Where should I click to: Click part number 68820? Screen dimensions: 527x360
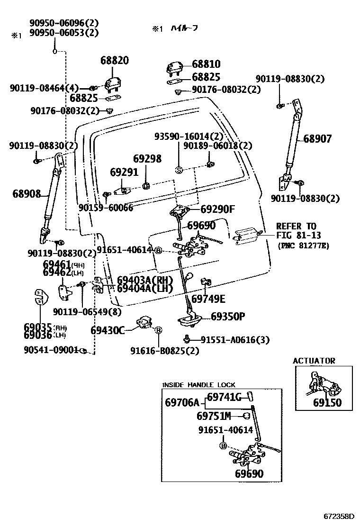114,61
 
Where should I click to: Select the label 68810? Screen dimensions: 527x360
206,64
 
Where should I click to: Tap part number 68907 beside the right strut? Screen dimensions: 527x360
317,139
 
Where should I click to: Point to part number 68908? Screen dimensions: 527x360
27,194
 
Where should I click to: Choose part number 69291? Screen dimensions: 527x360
124,172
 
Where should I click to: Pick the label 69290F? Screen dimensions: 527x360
217,209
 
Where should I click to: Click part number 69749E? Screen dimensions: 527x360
208,299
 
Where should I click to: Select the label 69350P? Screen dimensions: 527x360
228,316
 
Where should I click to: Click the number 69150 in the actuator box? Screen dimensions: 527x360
327,403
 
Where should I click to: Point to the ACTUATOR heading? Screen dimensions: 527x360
314,361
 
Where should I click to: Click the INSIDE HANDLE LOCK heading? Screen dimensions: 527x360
198,385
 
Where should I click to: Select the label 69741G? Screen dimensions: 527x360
225,397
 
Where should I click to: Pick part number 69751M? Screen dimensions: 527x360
213,416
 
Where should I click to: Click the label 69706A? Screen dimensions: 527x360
182,403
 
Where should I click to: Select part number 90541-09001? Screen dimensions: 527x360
50,350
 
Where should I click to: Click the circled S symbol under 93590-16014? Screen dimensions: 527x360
179,170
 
